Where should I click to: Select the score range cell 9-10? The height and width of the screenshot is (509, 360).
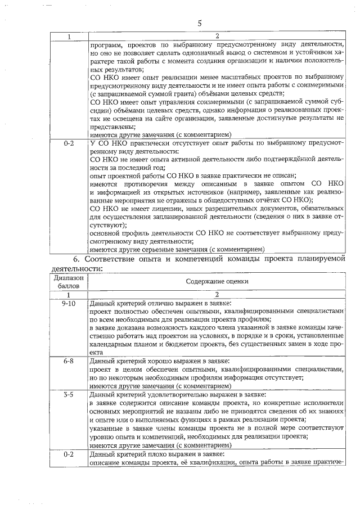(69, 303)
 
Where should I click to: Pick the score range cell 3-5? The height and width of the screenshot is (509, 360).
(69, 395)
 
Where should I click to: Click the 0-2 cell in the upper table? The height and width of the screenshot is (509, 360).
(69, 143)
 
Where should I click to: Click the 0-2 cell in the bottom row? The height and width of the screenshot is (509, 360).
(69, 454)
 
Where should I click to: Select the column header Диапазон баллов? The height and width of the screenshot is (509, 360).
(69, 281)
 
